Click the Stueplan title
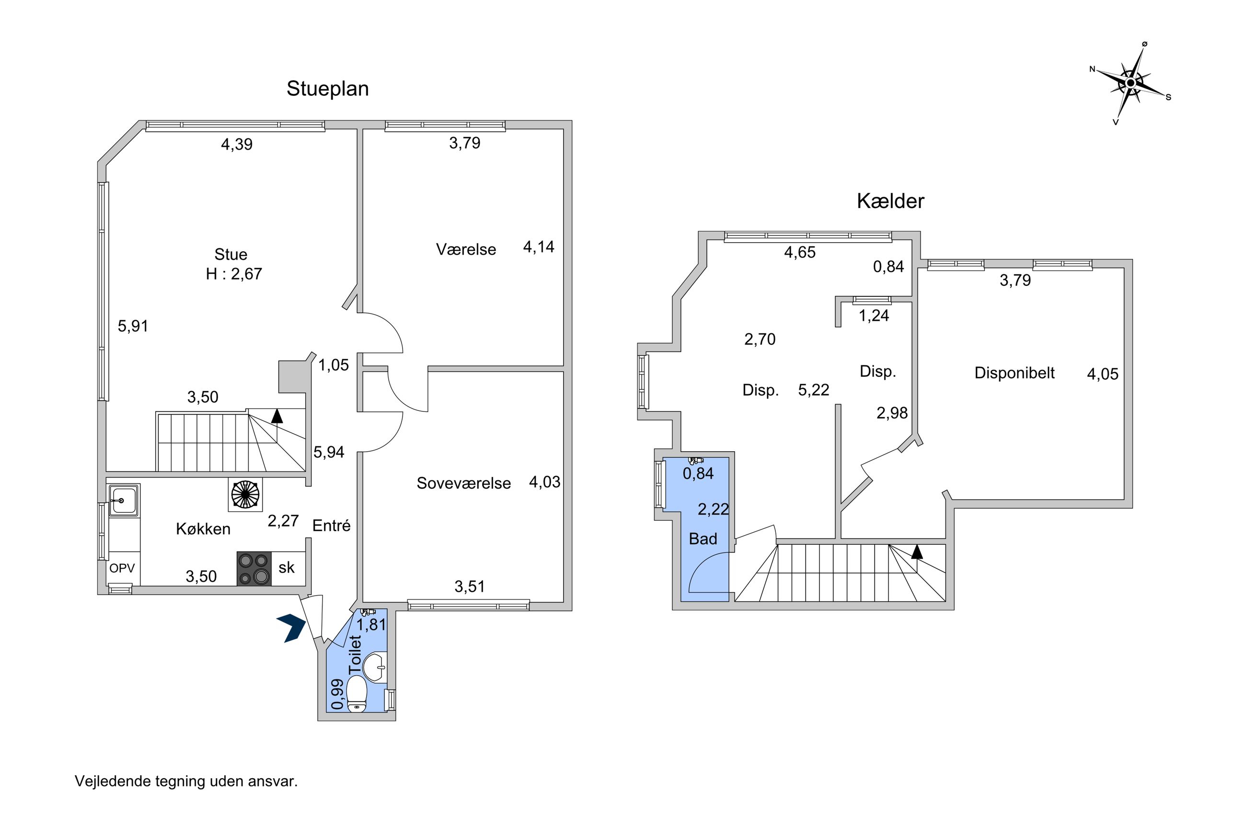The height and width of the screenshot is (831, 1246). (327, 89)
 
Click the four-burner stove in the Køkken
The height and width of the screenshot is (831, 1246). (254, 569)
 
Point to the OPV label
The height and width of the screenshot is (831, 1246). (122, 568)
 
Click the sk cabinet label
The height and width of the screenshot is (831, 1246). (287, 567)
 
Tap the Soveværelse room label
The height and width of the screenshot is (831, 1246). (463, 483)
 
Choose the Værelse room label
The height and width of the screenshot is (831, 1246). (466, 249)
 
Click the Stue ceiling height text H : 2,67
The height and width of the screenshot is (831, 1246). (234, 273)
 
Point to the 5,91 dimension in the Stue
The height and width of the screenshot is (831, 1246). (133, 326)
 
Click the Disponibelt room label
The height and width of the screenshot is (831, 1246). (1015, 373)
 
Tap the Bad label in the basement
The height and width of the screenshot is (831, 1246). (703, 538)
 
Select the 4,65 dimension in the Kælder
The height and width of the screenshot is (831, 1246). (800, 252)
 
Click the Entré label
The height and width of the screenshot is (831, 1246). (332, 525)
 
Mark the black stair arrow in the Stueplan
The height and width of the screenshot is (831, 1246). (277, 415)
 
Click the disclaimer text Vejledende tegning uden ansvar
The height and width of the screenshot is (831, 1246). (186, 781)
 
